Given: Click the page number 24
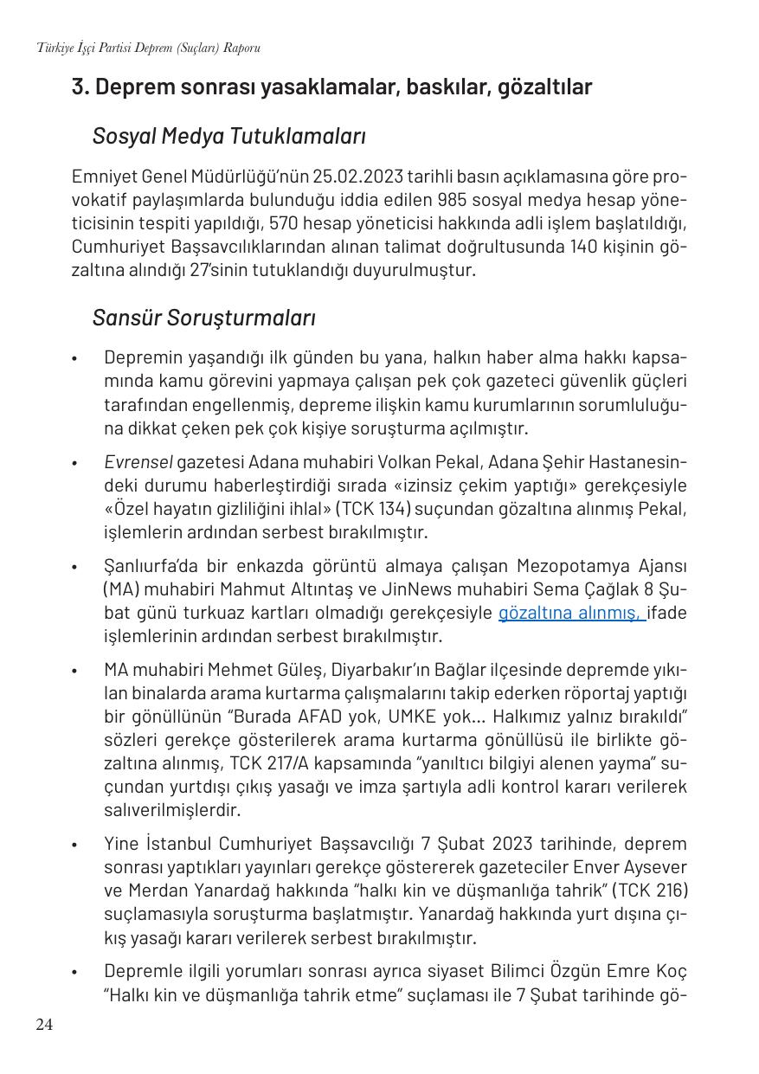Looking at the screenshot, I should (44, 1026).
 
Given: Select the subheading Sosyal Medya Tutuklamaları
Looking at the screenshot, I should (228, 136).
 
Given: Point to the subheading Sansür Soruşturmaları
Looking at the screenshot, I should (203, 318).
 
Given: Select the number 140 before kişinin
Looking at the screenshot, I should (588, 247).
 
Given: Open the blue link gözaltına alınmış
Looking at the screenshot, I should (571, 614).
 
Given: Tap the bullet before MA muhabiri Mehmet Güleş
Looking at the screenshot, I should (75, 671).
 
